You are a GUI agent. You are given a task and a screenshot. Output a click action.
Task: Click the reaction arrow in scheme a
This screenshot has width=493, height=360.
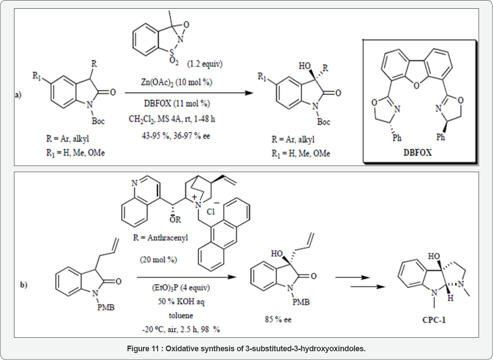(184, 93)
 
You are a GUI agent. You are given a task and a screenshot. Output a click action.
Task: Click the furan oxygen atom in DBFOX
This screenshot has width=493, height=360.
(416, 85)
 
